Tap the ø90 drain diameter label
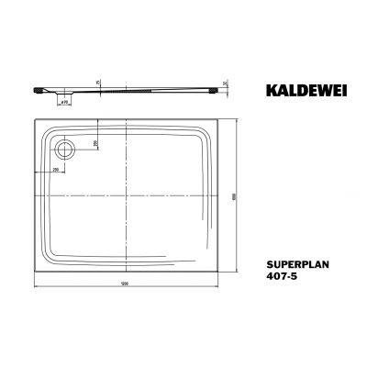pos(66,101)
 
